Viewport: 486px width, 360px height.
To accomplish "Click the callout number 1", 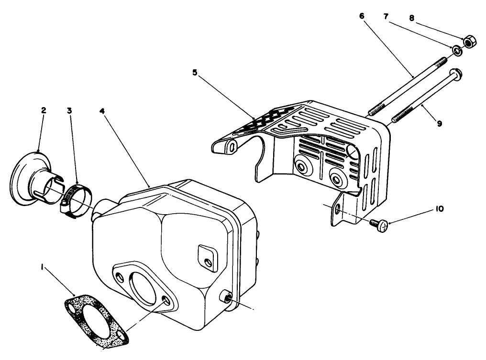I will coord(43,269).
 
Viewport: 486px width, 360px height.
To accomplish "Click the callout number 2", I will coord(44,110).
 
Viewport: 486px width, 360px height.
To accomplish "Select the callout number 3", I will coord(69,110).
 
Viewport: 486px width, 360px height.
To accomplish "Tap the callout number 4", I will coord(102,110).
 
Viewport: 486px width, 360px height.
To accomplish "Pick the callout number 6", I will coord(361,16).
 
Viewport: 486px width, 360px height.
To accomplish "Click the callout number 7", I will coord(386,16).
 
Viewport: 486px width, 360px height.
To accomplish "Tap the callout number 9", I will coord(439,123).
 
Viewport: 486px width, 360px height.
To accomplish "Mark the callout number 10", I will coord(440,209).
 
